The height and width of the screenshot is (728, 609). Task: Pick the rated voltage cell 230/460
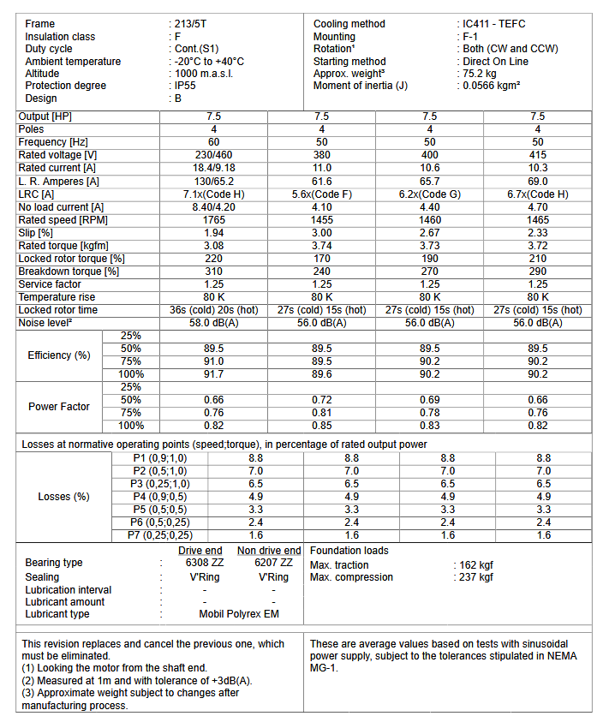[214, 155]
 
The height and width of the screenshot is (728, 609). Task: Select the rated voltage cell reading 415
[537, 155]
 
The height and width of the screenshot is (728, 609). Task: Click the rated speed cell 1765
[214, 220]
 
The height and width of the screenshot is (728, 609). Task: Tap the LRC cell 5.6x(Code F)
[322, 194]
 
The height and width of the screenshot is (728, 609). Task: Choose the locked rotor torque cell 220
[214, 259]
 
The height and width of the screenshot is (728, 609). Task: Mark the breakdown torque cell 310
[214, 272]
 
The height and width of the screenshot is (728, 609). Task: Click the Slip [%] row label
[36, 233]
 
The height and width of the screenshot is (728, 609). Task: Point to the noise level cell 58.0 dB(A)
[214, 323]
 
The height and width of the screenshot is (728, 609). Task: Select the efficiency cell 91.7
[214, 374]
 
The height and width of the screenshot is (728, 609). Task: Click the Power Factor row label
[59, 407]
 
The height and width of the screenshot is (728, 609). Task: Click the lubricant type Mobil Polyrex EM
[240, 614]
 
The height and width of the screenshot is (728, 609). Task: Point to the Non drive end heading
[269, 551]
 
